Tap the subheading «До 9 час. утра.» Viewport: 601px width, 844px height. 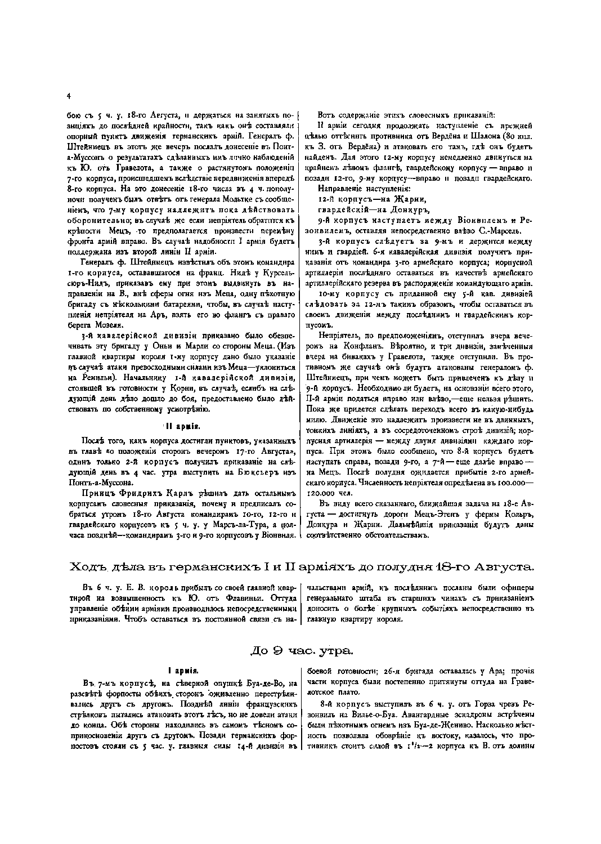pos(301,651)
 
